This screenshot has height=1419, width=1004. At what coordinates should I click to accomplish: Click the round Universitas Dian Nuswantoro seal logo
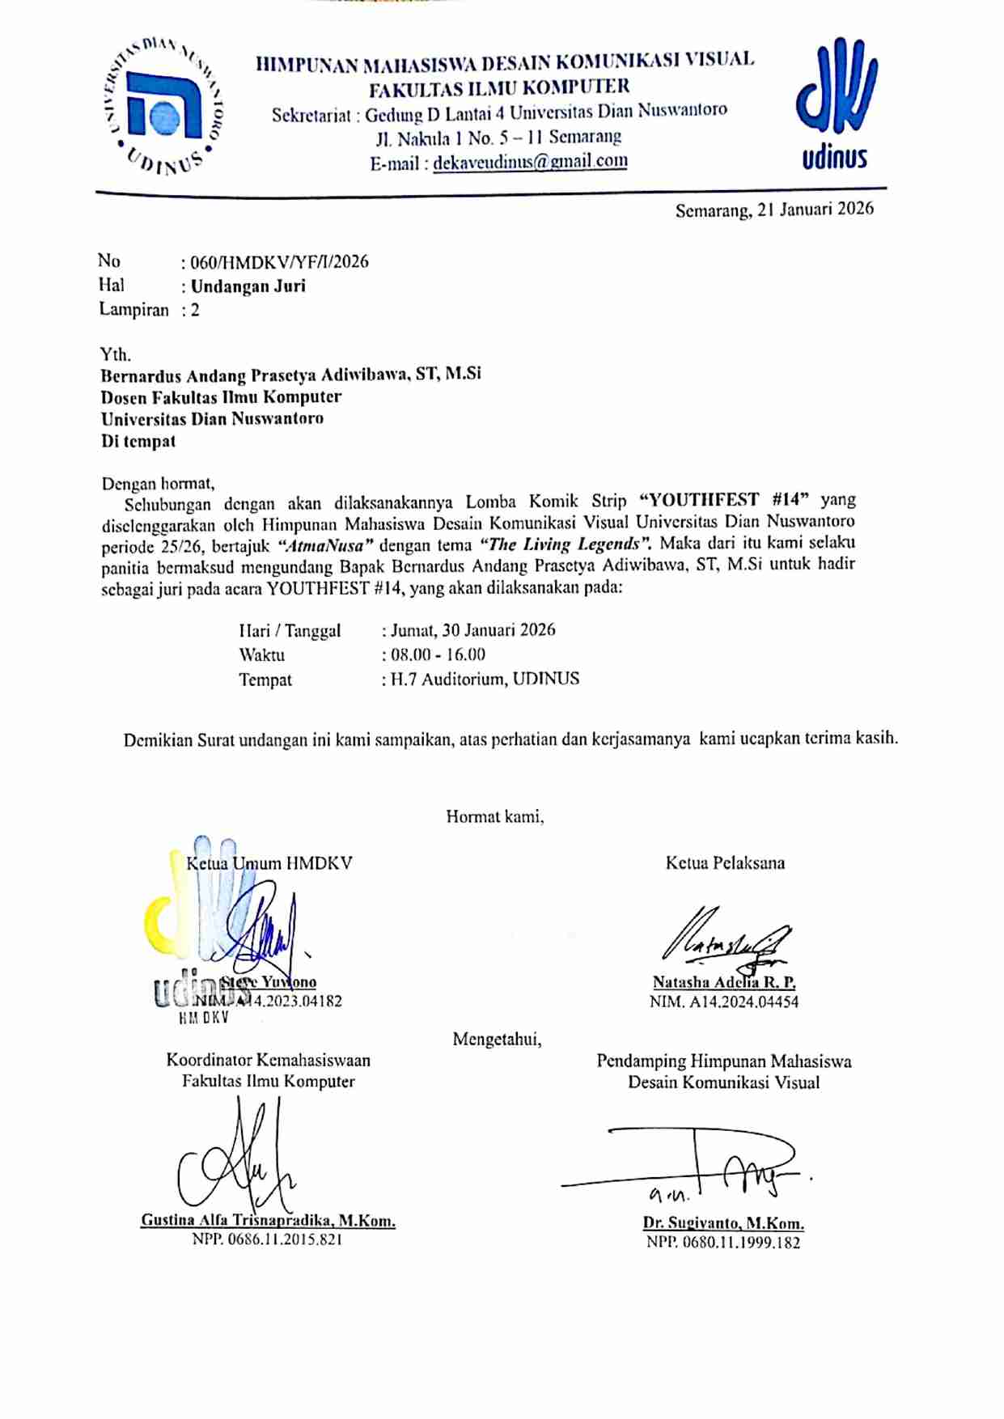[x=165, y=106]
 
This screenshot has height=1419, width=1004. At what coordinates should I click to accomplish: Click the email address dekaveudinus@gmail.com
[x=530, y=162]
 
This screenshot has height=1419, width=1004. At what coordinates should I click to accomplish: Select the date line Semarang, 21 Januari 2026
[x=774, y=210]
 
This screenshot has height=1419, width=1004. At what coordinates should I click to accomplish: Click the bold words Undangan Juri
[x=248, y=286]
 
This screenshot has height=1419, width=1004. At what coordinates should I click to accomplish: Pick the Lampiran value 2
[x=195, y=310]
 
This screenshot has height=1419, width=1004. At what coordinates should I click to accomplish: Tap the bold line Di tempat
[x=138, y=442]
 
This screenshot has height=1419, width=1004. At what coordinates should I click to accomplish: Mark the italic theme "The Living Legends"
[x=566, y=544]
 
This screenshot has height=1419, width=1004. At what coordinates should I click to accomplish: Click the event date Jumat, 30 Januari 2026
[x=472, y=630]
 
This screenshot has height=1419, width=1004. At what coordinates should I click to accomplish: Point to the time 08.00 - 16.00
[x=438, y=654]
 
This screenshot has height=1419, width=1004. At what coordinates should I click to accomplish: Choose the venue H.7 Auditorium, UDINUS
[x=485, y=679]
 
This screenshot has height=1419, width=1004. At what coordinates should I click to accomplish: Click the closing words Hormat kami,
[x=494, y=817]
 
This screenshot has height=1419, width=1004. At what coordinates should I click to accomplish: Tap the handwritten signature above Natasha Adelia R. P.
[x=724, y=939]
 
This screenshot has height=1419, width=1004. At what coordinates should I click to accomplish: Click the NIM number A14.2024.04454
[x=742, y=1002]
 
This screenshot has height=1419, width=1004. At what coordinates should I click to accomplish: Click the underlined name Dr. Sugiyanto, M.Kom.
[x=723, y=1223]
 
